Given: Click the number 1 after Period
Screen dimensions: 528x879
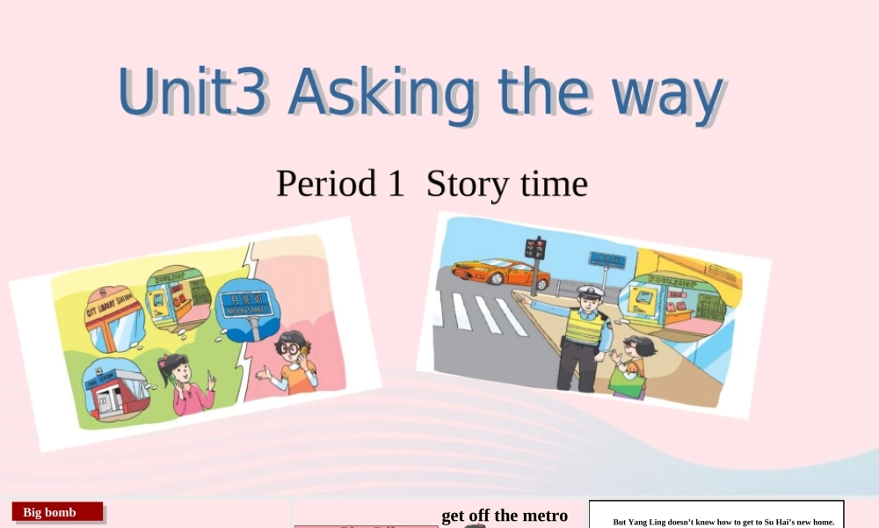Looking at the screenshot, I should coord(395,184).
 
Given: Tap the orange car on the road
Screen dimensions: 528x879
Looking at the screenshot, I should coord(500,272).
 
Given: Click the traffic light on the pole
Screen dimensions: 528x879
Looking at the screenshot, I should coord(534,248).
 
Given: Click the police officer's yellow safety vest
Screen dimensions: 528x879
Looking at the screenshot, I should coord(584,327).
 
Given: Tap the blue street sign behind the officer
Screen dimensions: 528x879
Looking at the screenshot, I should coord(607,260).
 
